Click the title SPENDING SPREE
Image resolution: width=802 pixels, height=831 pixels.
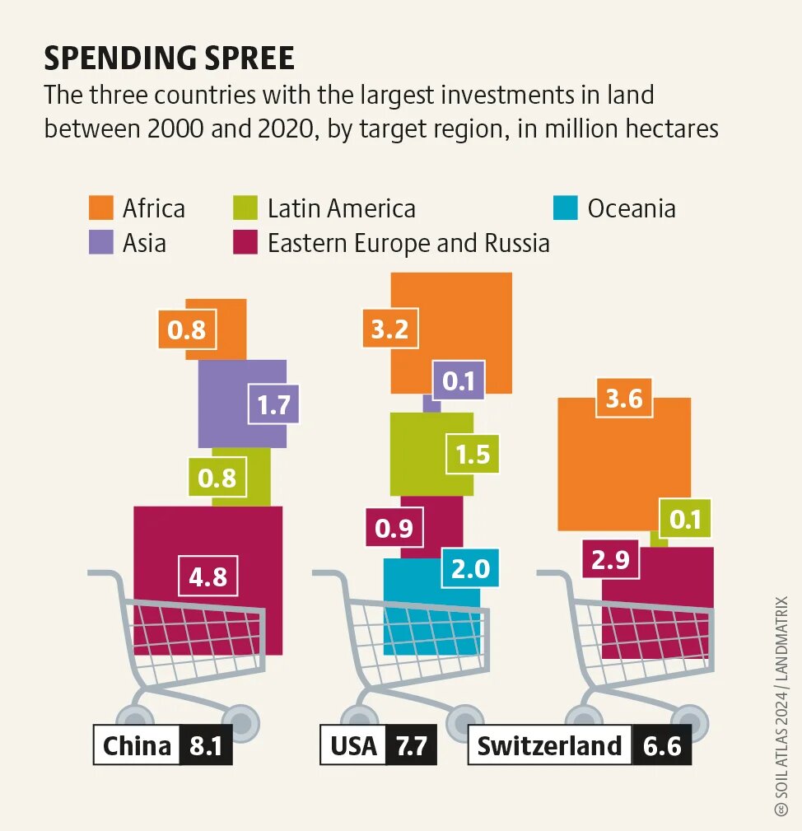click(x=169, y=58)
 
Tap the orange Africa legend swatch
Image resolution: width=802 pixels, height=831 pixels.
click(x=101, y=208)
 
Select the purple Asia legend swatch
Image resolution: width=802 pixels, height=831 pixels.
click(x=101, y=242)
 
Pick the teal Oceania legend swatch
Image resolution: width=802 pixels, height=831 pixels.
click(x=566, y=208)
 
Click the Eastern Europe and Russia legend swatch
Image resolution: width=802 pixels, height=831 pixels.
click(x=245, y=242)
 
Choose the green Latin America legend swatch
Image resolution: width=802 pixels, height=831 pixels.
click(x=245, y=208)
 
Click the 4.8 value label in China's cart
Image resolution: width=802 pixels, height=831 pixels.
click(x=208, y=577)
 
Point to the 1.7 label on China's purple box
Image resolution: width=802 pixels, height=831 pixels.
click(x=274, y=405)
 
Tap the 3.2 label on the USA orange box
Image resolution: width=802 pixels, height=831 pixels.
click(x=390, y=329)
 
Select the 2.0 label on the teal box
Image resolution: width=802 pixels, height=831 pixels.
click(x=471, y=568)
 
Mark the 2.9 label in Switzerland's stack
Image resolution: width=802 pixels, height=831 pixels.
click(x=611, y=559)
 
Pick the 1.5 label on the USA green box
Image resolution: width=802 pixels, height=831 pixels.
click(x=473, y=454)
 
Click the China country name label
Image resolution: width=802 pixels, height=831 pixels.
click(x=137, y=746)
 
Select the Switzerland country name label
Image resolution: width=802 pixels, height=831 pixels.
click(x=550, y=746)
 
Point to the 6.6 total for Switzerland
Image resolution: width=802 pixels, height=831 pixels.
click(x=662, y=746)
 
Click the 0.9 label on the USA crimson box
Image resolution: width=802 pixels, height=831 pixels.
click(x=394, y=527)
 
